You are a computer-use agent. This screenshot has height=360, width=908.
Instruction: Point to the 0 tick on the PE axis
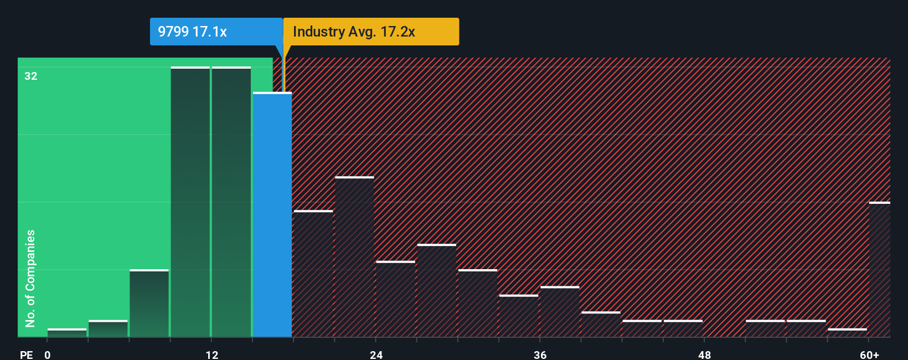[x=48, y=354]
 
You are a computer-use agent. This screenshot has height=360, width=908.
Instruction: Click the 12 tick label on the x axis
[x=211, y=354]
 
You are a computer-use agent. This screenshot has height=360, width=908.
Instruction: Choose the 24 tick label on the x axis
[x=376, y=354]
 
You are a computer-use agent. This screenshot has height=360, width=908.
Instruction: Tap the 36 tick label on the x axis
[x=540, y=354]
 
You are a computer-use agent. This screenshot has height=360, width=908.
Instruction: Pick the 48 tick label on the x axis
[x=704, y=354]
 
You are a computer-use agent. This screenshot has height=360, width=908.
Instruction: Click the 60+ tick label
[x=869, y=354]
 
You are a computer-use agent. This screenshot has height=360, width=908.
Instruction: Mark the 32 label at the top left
[x=31, y=76]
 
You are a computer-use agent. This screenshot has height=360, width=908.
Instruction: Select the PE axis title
[x=26, y=354]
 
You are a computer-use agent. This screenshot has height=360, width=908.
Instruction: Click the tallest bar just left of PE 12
[x=190, y=202]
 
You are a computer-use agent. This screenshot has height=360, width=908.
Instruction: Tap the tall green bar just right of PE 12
[x=231, y=202]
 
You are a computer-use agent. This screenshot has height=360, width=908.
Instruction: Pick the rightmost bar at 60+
[x=880, y=270]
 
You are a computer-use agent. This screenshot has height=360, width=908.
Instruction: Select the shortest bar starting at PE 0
[x=67, y=333]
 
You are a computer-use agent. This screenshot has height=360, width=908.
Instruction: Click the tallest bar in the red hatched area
[x=354, y=257]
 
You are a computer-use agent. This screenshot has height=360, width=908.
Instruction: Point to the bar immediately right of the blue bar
[x=313, y=274]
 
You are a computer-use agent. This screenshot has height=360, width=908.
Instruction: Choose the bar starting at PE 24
[x=395, y=299]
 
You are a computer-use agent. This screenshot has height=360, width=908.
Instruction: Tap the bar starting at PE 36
[x=560, y=312]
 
